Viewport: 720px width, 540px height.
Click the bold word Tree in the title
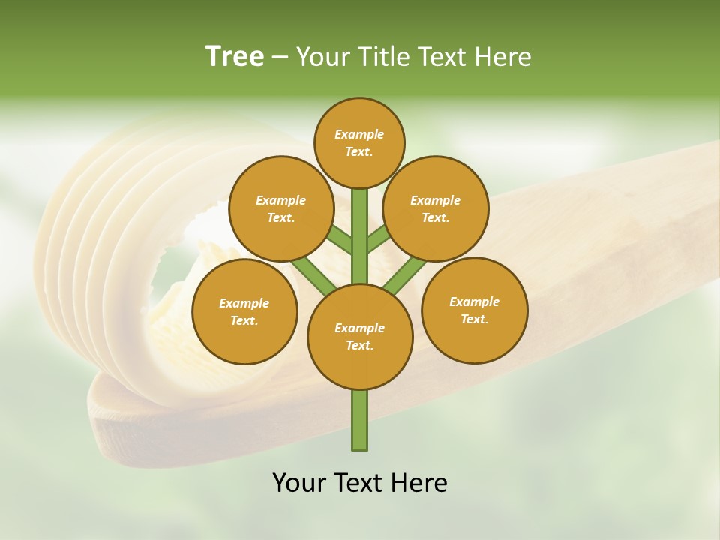pyautogui.click(x=235, y=57)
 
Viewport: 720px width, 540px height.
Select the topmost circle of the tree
pyautogui.click(x=359, y=142)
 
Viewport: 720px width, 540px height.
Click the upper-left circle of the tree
pyautogui.click(x=280, y=208)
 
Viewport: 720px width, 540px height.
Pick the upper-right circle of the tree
pyautogui.click(x=435, y=208)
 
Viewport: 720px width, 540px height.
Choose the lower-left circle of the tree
pyautogui.click(x=244, y=311)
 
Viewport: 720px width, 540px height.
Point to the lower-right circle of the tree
pyautogui.click(x=474, y=310)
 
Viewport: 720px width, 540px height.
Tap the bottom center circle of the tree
pyautogui.click(x=359, y=336)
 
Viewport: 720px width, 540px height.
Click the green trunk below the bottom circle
pyautogui.click(x=359, y=420)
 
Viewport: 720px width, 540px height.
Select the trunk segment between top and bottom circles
pyautogui.click(x=359, y=236)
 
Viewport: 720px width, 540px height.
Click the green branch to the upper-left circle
pyautogui.click(x=339, y=240)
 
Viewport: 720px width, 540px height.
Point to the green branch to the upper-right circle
pyautogui.click(x=379, y=240)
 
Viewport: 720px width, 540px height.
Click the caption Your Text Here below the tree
pyautogui.click(x=359, y=483)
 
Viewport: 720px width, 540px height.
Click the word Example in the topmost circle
pyautogui.click(x=359, y=134)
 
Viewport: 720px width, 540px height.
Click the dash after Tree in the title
pyautogui.click(x=280, y=57)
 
